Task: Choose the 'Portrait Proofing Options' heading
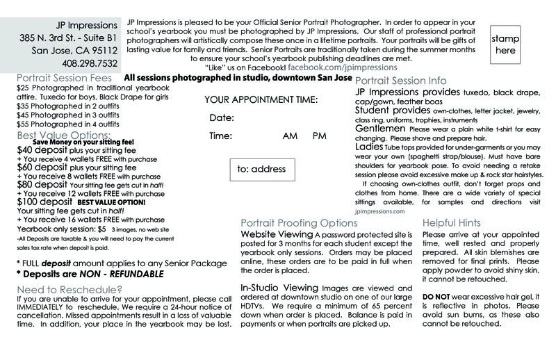[x=299, y=223]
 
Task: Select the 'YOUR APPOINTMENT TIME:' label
[x=261, y=99]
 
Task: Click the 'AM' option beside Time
[x=290, y=136]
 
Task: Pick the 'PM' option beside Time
[x=320, y=136]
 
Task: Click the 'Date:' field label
[x=222, y=117]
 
